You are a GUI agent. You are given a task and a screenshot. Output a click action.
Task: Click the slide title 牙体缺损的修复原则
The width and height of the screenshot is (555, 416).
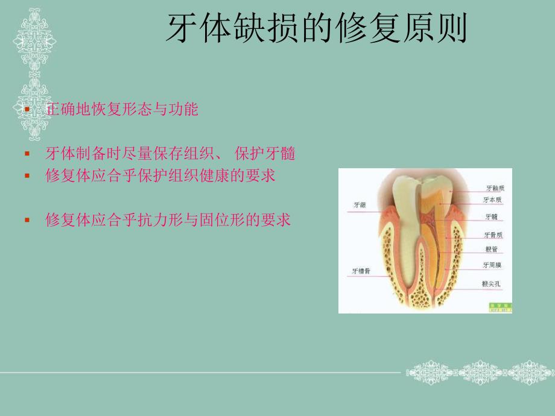[316, 28]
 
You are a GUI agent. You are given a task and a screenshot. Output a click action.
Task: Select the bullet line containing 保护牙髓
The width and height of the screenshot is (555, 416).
[171, 154]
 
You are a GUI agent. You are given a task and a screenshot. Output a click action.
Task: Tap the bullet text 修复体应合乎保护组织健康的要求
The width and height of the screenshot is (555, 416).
[160, 175]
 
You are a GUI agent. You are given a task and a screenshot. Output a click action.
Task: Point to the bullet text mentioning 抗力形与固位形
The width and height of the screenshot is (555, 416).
[168, 219]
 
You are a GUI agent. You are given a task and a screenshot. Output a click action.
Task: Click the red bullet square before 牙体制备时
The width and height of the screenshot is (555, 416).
[27, 155]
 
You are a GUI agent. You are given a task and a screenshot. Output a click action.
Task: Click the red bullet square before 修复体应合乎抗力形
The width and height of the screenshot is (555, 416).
[27, 221]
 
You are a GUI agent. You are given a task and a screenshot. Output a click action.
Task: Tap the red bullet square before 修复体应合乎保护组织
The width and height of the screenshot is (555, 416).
[27, 177]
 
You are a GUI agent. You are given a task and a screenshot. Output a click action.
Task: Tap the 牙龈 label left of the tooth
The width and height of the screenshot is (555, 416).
[360, 206]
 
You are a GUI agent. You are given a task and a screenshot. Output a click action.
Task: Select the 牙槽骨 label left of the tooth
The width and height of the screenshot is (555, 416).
[361, 271]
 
